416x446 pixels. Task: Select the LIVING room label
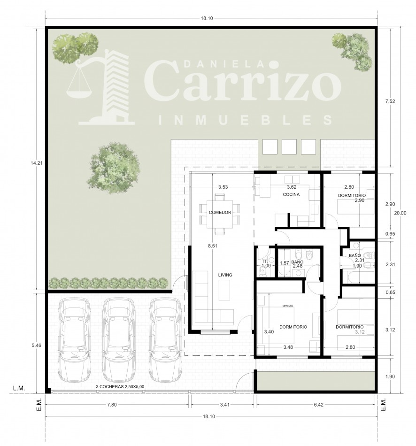coord(225,275)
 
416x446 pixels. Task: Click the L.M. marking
coord(19,388)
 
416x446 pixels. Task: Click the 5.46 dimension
coord(36,345)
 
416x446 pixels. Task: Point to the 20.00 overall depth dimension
coord(400,213)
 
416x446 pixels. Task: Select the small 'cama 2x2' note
coord(288,305)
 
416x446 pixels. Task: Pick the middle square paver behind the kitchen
coord(289,146)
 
